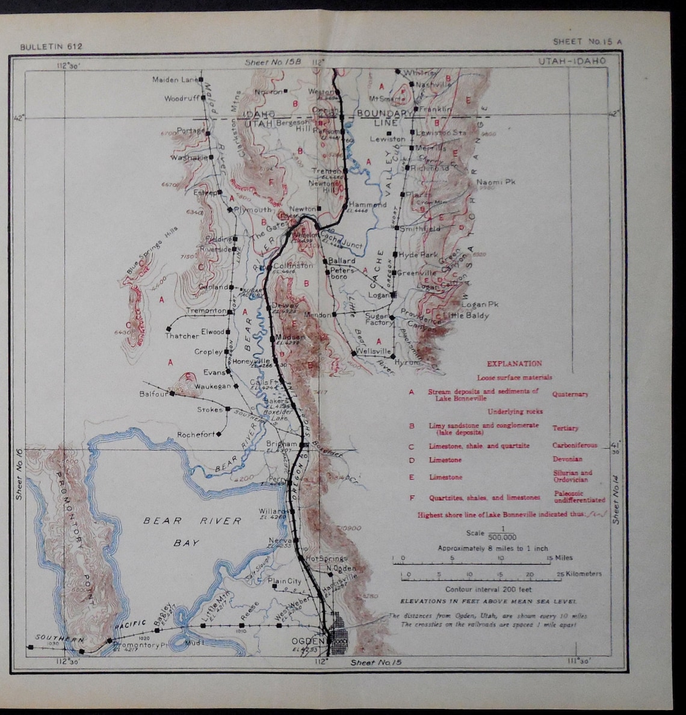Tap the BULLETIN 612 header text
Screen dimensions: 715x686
point(51,46)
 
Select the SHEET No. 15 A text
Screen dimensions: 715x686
point(587,42)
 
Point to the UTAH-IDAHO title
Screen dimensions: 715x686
point(572,61)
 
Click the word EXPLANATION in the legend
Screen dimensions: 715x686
point(514,364)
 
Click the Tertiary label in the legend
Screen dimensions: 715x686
point(565,428)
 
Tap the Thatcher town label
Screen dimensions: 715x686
point(182,336)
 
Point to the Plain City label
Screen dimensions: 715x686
point(285,581)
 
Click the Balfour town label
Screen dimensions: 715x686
point(153,394)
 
